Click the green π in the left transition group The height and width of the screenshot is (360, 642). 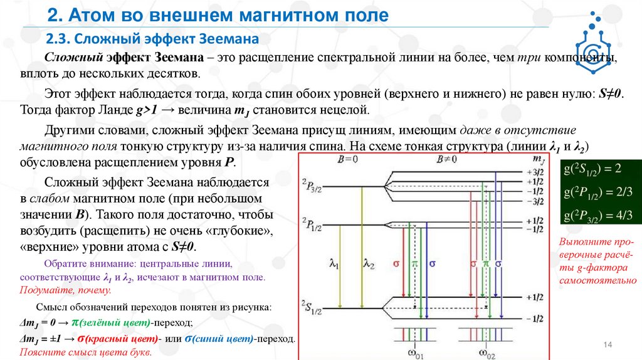(x=414, y=264)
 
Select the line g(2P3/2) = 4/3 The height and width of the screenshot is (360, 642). (x=598, y=215)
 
